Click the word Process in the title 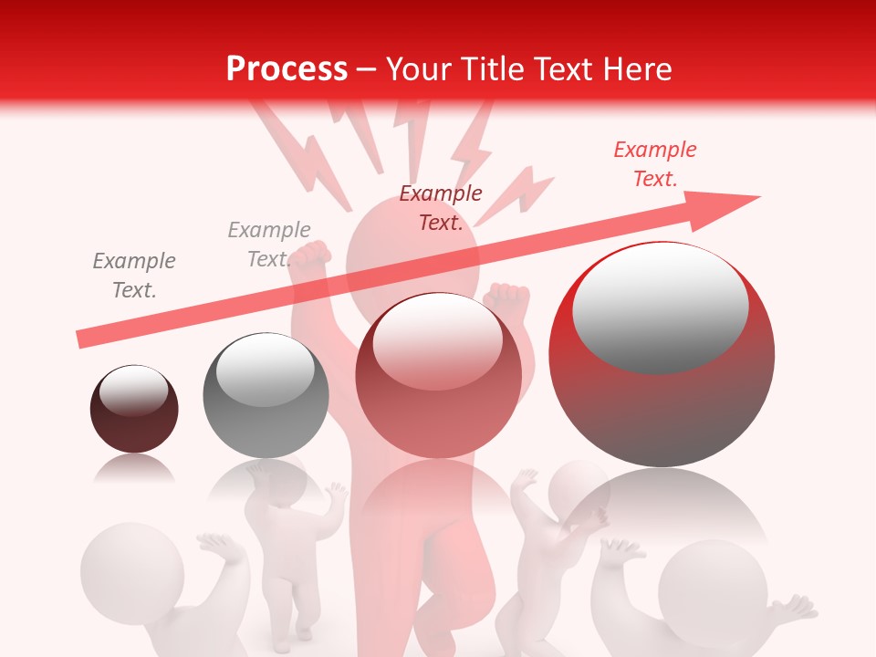(287, 69)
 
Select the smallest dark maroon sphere (134, 410)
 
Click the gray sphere (266, 396)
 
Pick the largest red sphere (662, 355)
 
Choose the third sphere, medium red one (438, 376)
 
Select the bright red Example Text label (655, 164)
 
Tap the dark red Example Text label (441, 207)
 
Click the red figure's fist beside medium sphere (507, 297)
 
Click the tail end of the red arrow (82, 339)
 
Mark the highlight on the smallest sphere (133, 391)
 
